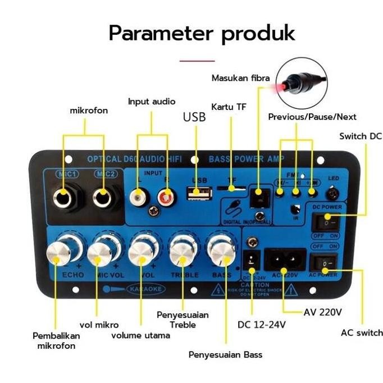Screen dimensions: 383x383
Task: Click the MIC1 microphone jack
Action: click(x=63, y=197)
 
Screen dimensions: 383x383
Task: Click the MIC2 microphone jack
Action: click(x=103, y=197)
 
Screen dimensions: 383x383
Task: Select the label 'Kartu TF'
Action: click(x=229, y=107)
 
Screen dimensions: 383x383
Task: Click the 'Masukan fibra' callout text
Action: click(x=240, y=78)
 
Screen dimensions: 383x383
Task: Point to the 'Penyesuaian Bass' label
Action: click(x=225, y=354)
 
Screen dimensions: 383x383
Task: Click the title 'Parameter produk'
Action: click(x=202, y=33)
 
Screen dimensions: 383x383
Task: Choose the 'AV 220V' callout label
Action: click(x=322, y=312)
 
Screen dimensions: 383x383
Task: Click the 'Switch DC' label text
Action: click(x=361, y=136)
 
